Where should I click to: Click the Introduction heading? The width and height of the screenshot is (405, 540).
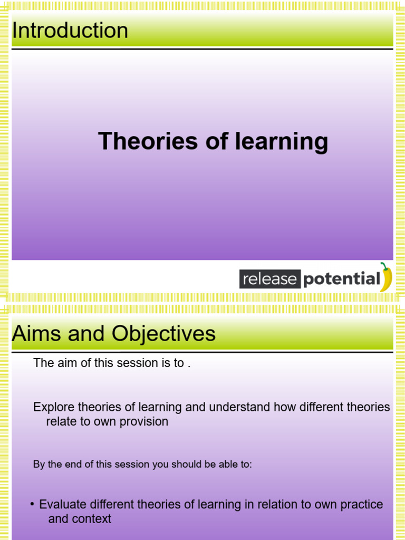[x=70, y=31]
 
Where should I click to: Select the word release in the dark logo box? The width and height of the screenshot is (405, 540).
[x=269, y=279]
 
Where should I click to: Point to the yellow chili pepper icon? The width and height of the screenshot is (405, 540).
[x=387, y=277]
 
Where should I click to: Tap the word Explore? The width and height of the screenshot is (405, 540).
[x=54, y=407]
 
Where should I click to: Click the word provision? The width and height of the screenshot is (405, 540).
[x=143, y=421]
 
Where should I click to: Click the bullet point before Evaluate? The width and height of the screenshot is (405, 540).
[x=33, y=504]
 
